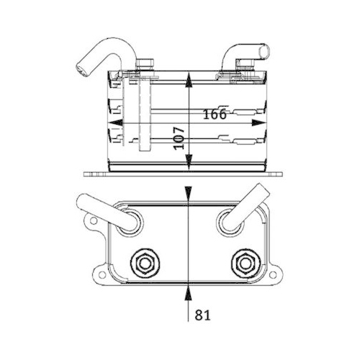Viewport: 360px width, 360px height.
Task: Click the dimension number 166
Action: pos(215,114)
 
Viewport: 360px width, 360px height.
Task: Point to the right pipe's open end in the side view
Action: pos(264,50)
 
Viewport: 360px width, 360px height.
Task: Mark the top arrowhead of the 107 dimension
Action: pos(189,76)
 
